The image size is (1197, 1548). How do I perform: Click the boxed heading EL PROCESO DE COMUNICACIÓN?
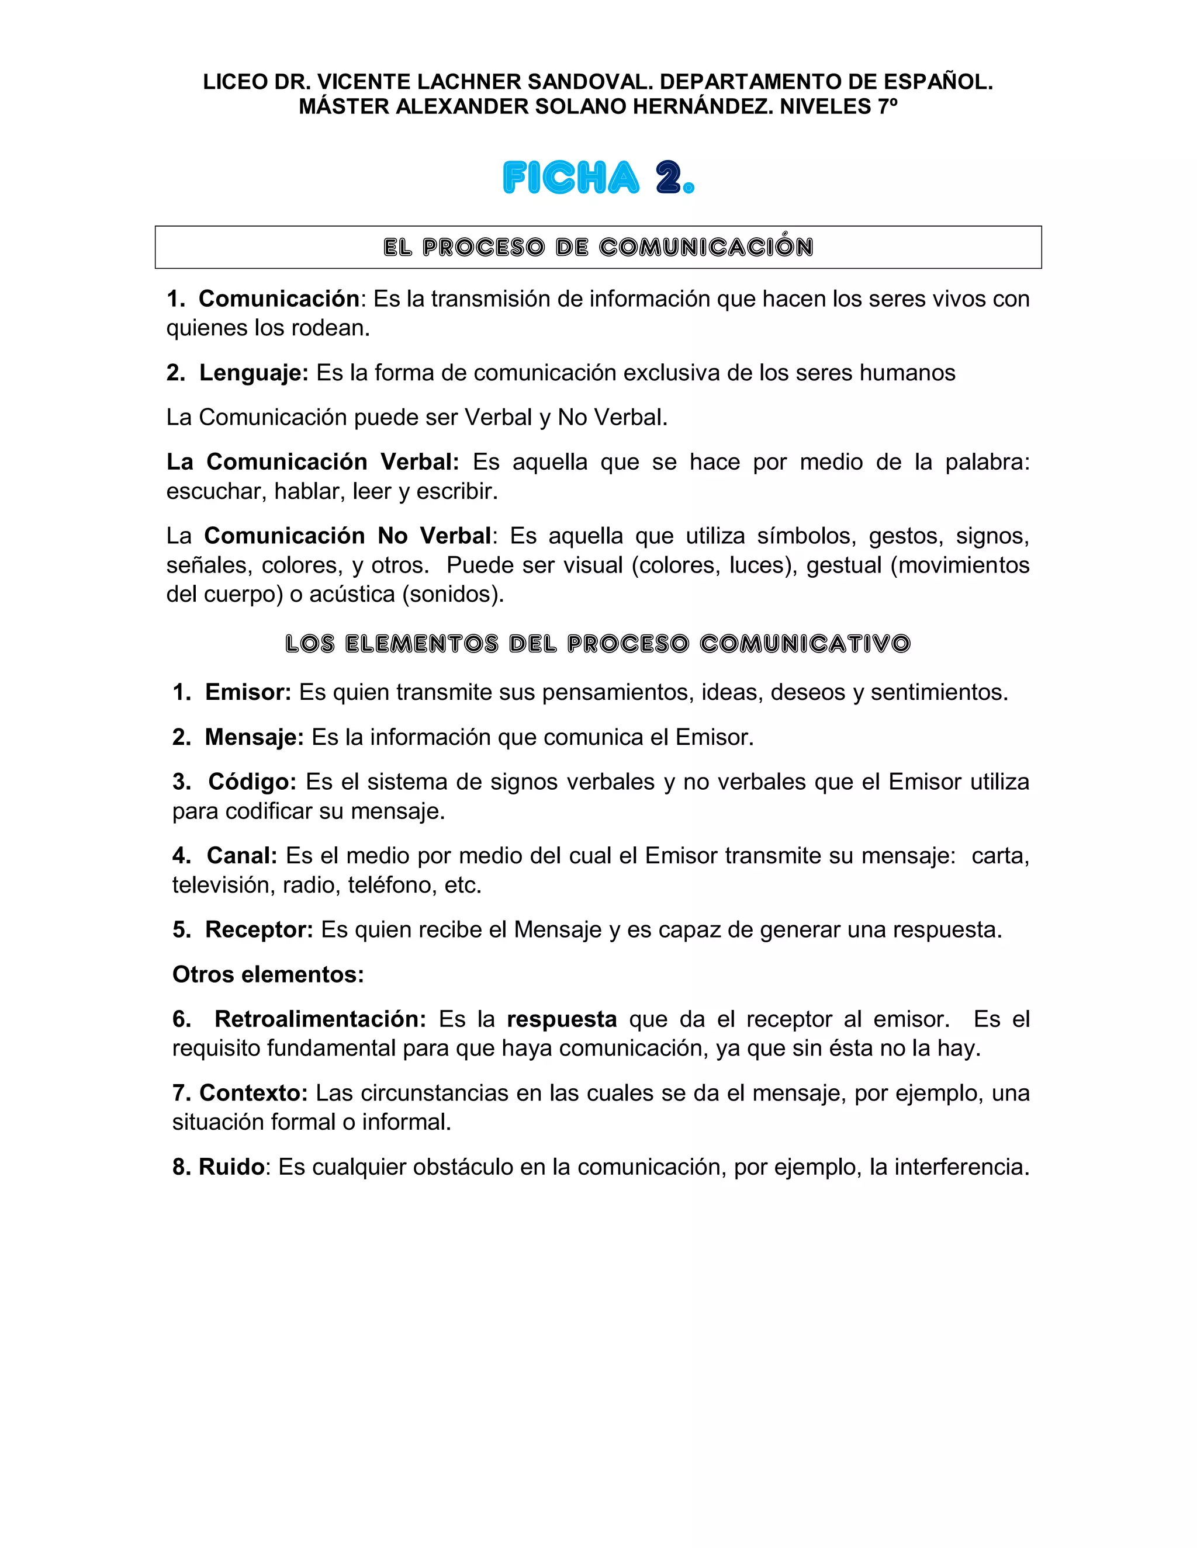coord(598,247)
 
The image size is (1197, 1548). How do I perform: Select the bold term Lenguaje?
coord(253,373)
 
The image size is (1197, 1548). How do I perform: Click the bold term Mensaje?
coord(254,738)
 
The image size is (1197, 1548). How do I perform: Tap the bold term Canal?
coord(242,856)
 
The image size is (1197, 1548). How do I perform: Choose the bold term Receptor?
coord(259,930)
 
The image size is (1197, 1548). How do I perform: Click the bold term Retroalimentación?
coord(320,1019)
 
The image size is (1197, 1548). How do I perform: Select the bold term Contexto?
coord(253,1093)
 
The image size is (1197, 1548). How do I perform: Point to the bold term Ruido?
coord(231,1167)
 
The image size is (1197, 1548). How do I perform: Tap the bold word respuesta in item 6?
coord(562,1019)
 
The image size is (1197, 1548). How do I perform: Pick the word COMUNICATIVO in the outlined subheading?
coord(805,644)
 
